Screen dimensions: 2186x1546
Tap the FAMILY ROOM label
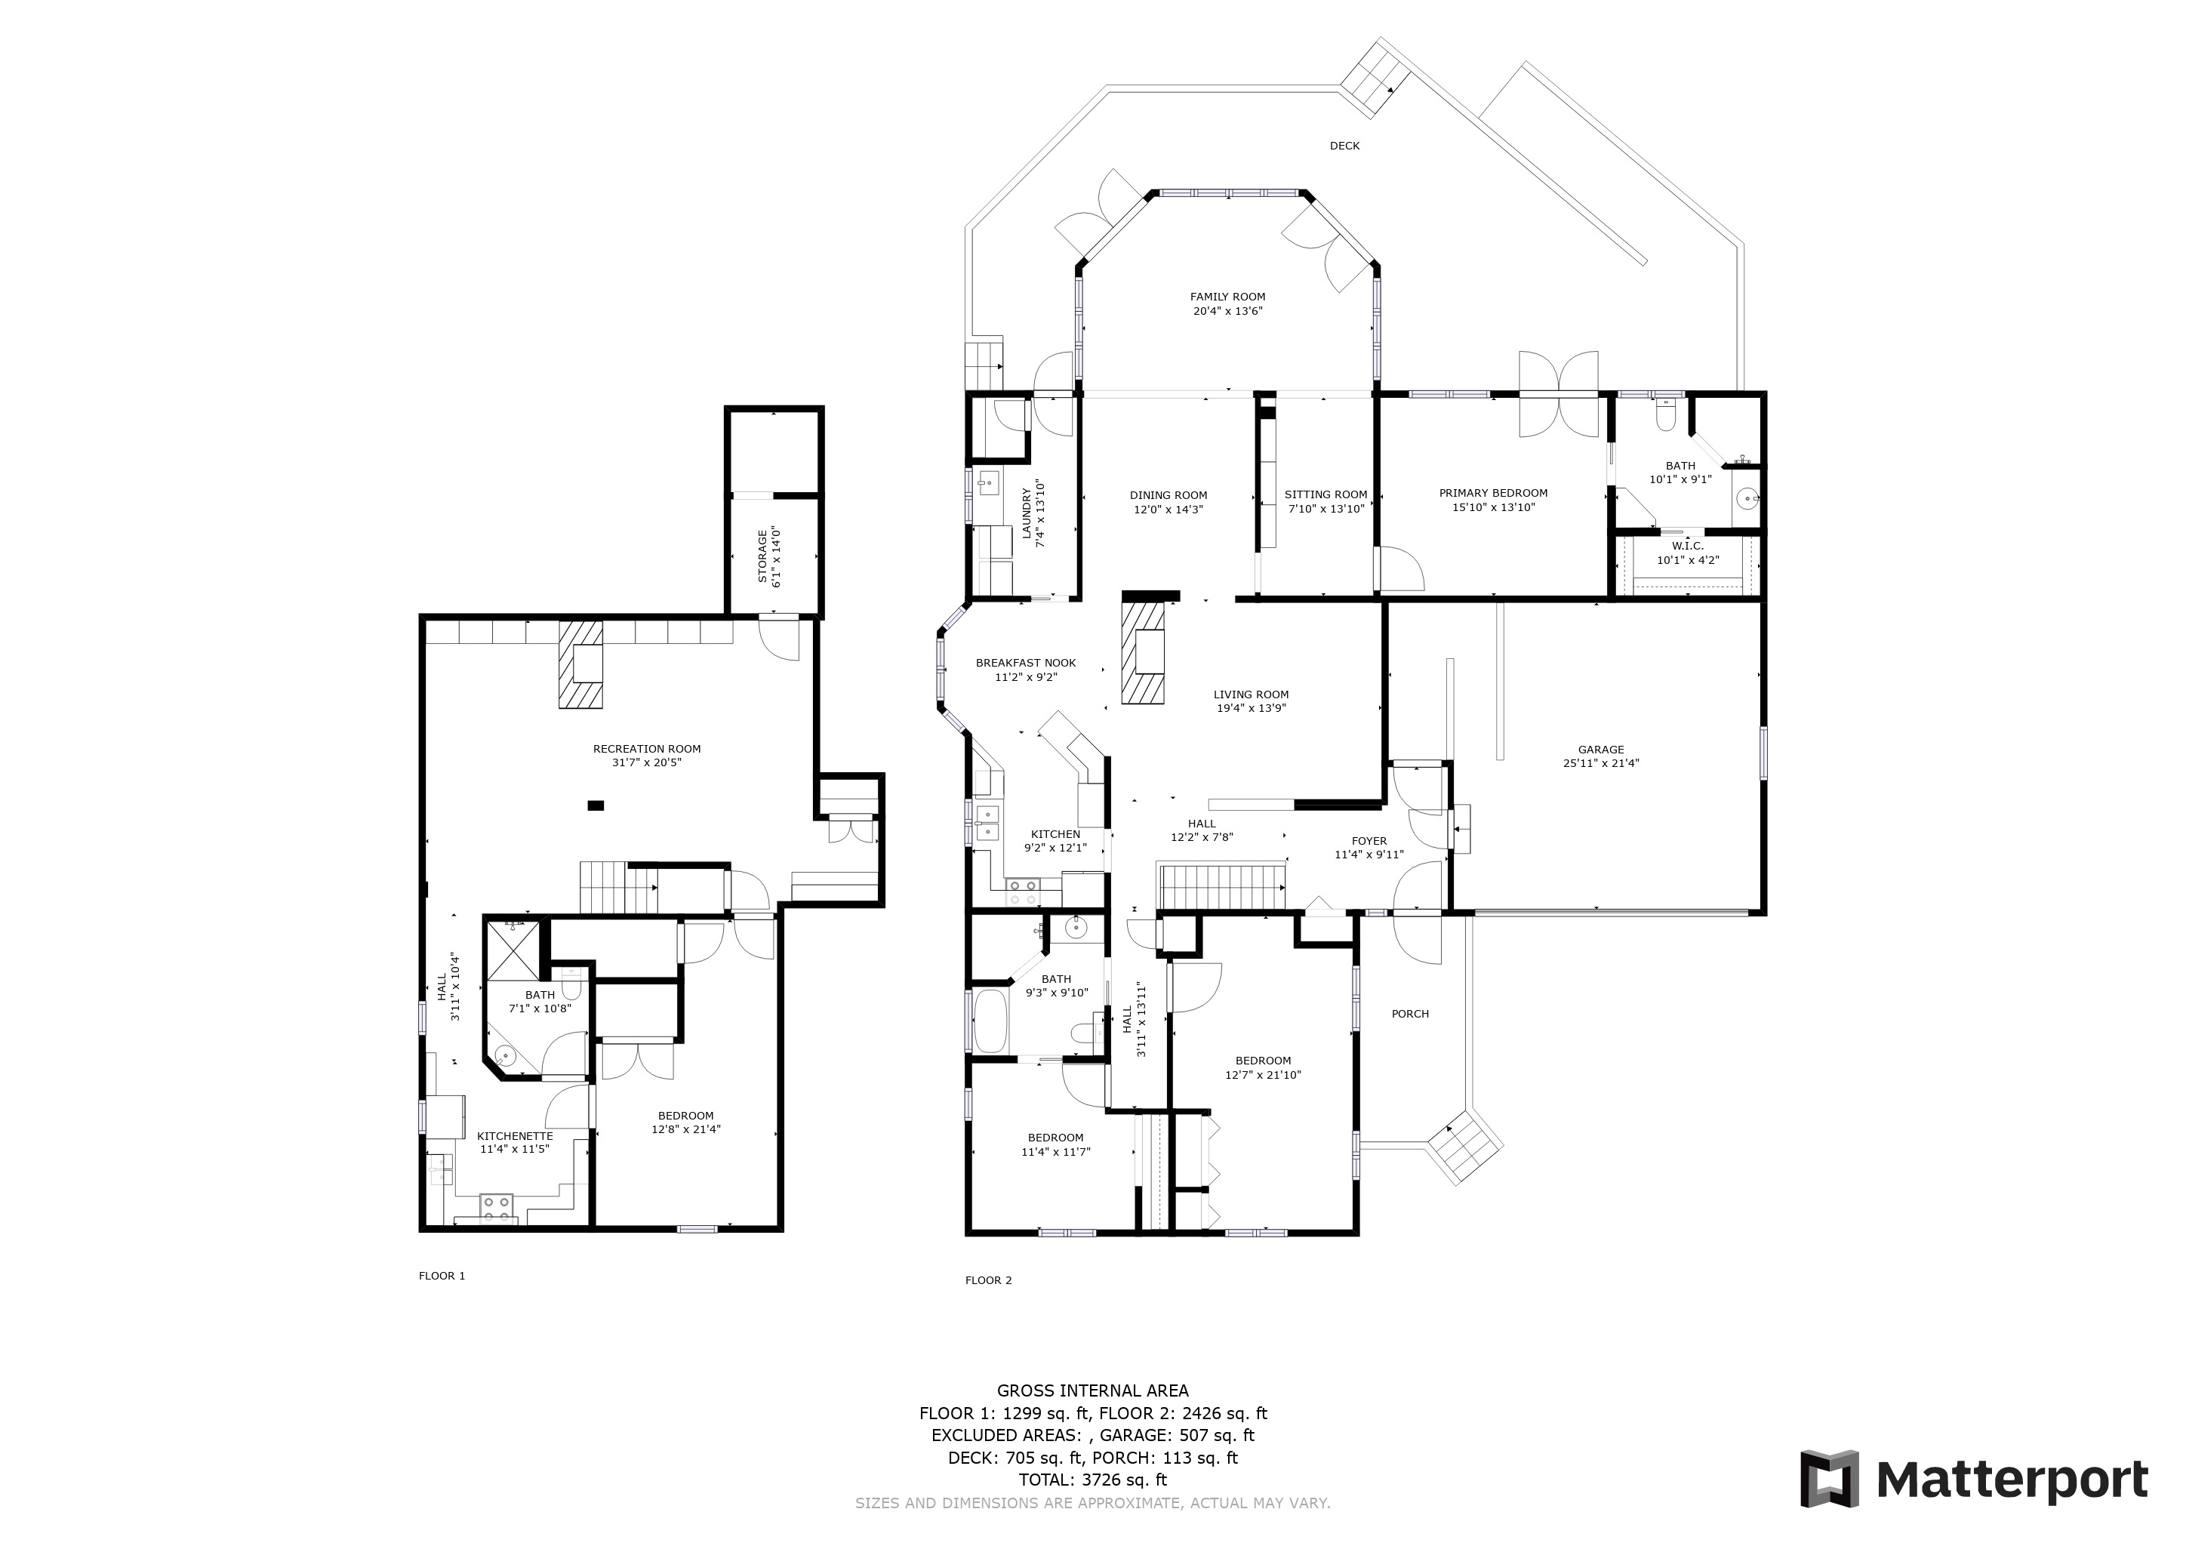click(1227, 297)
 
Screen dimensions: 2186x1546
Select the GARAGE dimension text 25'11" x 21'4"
click(1600, 762)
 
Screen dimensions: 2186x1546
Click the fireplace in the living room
click(1144, 652)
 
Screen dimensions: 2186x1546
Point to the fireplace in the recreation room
click(580, 664)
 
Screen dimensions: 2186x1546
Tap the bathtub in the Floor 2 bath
click(990, 1021)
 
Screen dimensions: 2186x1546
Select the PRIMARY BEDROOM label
click(1493, 493)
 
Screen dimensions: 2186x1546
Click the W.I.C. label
click(1687, 547)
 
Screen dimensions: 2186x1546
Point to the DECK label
click(1344, 146)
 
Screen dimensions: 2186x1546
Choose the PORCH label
click(1410, 1014)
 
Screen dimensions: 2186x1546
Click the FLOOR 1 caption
click(442, 1276)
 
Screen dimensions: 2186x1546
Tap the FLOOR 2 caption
click(988, 1280)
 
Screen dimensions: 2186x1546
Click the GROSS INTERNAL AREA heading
click(1093, 1390)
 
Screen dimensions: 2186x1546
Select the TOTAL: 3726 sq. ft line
click(1093, 1480)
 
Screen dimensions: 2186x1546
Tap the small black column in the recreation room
click(596, 805)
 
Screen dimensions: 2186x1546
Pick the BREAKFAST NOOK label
click(1025, 663)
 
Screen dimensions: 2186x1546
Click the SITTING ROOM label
click(1325, 494)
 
